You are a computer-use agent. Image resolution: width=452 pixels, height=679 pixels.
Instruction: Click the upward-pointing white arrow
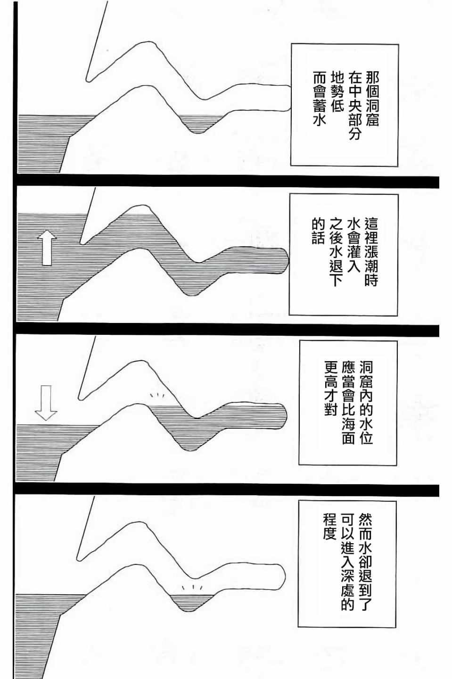coord(47,248)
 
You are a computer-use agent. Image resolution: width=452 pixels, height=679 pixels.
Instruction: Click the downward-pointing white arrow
coord(46,403)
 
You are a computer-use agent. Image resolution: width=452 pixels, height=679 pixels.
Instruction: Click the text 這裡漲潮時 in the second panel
coord(371,251)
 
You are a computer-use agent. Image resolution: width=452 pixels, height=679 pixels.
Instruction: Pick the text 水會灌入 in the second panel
coord(353,244)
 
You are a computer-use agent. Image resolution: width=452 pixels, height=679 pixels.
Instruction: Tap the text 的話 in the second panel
coord(319,231)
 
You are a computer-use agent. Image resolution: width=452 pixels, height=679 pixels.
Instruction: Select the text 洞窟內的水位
coord(366,403)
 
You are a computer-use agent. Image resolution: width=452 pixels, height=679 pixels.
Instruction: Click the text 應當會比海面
coord(348,403)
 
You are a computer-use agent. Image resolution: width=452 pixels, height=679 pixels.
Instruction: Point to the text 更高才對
coord(331,389)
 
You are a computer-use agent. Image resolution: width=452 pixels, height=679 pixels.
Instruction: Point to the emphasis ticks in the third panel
coord(157,395)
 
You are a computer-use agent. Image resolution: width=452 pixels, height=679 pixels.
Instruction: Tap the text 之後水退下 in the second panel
coord(336,251)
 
